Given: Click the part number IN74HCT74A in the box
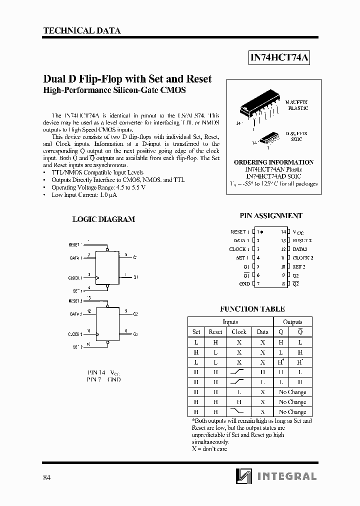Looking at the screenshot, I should pos(279,58).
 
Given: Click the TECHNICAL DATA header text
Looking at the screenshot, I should pos(82,30).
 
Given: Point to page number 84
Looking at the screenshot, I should pos(46,477).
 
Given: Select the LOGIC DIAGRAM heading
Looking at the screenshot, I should pos(103,219).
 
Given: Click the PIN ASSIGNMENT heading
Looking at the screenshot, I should pos(271,215).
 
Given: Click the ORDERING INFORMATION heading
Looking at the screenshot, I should pos(273,162).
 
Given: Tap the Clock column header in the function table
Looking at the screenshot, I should pos(238,331).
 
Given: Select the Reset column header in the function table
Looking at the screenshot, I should pos(215,331).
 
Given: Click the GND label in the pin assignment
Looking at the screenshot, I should pos(244,283).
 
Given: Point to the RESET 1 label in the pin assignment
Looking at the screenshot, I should pos(239,232).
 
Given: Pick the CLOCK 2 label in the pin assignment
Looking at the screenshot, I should pos(303,257).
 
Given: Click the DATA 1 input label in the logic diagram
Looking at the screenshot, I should pos(75,258).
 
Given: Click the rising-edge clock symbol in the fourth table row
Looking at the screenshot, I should pos(238,372).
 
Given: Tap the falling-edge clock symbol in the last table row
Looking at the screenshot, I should pos(238,412).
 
